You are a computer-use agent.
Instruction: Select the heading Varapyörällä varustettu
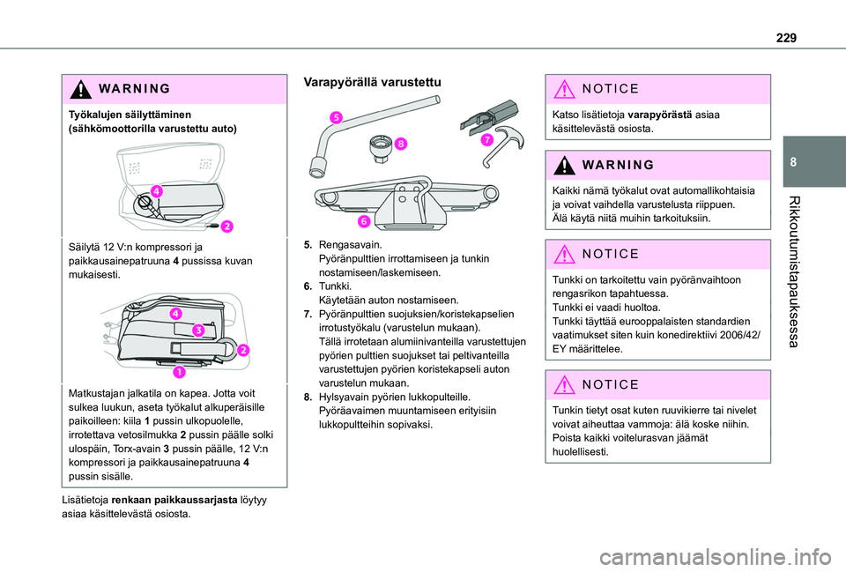(x=372, y=82)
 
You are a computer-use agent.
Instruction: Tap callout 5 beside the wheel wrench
(x=337, y=116)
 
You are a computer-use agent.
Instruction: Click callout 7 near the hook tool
(x=486, y=140)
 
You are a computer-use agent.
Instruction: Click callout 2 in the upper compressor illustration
(x=226, y=227)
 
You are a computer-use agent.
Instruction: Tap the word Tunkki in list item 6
(x=335, y=286)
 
